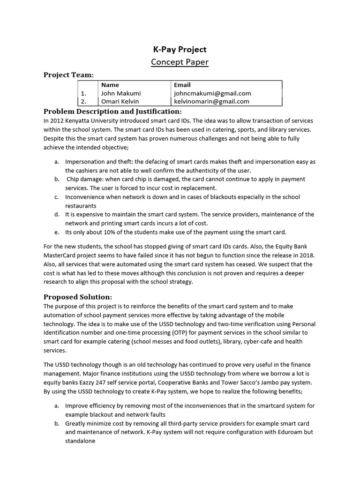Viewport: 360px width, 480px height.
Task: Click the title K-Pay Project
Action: coord(180,50)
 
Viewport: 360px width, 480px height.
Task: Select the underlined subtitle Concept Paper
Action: coord(180,62)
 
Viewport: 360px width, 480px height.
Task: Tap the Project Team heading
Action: coord(68,75)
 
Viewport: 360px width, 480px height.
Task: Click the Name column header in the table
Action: coord(110,85)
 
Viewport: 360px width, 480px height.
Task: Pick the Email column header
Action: coord(182,85)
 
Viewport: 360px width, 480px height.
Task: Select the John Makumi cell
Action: coord(121,93)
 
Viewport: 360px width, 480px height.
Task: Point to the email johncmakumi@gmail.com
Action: coord(212,93)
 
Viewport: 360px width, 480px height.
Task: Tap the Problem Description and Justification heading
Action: coord(112,112)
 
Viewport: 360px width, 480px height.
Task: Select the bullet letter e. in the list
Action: coord(56,232)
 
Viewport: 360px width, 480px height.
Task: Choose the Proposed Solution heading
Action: coord(78,297)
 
